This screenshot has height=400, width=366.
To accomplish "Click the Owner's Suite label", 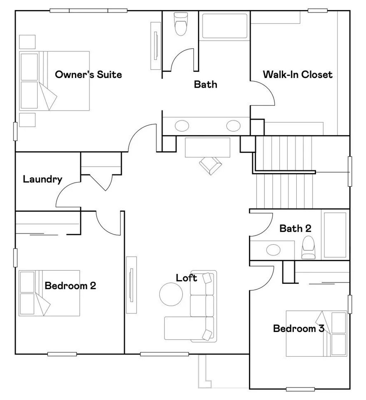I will (88, 74).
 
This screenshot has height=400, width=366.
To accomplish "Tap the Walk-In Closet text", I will (298, 74).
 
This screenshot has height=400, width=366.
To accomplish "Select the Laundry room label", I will (43, 179).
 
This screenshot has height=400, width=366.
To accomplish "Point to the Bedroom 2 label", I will (70, 286).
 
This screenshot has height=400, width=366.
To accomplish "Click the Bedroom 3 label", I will (298, 328).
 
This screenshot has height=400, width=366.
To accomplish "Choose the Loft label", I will (187, 278).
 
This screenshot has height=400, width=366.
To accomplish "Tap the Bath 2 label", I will (295, 228).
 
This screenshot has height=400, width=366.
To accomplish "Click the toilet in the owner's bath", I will (180, 24).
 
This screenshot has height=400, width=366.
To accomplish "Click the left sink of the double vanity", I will (182, 126).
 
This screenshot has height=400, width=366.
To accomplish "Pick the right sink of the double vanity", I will (233, 126).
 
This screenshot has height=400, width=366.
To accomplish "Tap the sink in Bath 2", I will (274, 249).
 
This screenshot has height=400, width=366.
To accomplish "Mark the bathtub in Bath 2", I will (335, 235).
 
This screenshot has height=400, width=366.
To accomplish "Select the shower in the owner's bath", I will (224, 26).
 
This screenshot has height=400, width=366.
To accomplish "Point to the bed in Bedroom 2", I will (49, 293).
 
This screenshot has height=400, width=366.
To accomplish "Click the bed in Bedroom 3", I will (317, 333).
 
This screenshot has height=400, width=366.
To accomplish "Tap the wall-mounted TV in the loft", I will (131, 284).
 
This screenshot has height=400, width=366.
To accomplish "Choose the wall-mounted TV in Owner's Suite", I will (156, 46).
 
